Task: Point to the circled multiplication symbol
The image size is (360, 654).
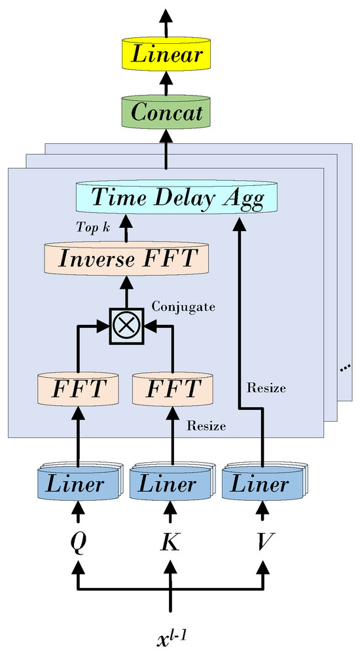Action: [125, 325]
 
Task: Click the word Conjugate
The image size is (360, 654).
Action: [174, 306]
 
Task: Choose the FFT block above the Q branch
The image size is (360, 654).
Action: [79, 388]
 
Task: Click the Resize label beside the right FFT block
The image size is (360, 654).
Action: [206, 426]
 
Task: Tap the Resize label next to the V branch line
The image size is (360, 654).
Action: [266, 388]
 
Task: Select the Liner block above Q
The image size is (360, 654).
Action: [79, 484]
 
